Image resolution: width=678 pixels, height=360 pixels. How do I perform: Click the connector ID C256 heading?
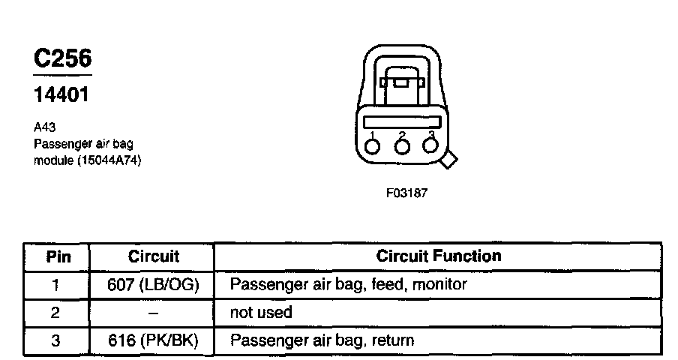click(x=63, y=60)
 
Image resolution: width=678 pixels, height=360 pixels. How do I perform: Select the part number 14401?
click(x=62, y=95)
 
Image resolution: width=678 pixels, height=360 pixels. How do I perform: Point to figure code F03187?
click(x=406, y=193)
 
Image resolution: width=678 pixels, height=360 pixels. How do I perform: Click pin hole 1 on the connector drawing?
click(x=373, y=145)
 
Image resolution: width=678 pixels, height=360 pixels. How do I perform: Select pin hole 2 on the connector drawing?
click(x=402, y=145)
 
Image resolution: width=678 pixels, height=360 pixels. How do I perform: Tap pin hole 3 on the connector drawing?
click(x=430, y=145)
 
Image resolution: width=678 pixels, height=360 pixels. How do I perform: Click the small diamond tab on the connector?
click(x=450, y=160)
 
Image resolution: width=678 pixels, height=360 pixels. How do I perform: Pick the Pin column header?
click(x=58, y=256)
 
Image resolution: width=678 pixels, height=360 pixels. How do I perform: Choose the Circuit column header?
click(x=153, y=256)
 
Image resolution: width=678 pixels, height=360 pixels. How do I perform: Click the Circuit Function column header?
click(x=438, y=256)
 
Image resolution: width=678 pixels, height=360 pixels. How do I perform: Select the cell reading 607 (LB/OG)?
click(x=153, y=285)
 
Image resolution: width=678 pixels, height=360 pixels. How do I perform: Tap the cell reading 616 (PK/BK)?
click(x=153, y=340)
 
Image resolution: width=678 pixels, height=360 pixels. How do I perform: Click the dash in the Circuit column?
click(x=153, y=313)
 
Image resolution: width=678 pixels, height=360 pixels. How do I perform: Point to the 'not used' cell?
click(x=261, y=312)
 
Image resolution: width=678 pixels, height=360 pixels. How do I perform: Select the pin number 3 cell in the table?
click(x=55, y=340)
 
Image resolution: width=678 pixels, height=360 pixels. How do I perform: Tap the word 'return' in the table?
click(x=391, y=340)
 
